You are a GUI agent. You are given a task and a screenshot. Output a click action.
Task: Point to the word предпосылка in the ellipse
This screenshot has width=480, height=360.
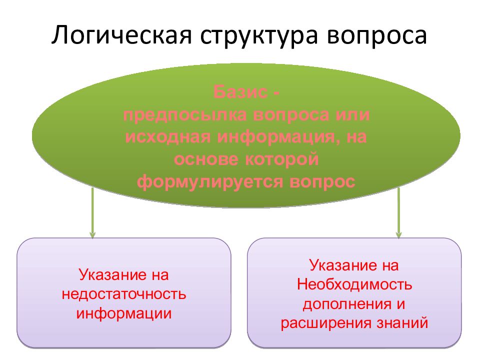[184, 114]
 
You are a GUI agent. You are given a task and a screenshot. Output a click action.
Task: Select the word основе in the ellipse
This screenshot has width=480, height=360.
[206, 158]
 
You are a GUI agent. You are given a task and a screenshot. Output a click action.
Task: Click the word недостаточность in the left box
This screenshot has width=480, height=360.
[124, 294]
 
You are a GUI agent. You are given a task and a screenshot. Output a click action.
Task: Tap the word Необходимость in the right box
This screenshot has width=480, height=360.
[354, 284]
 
